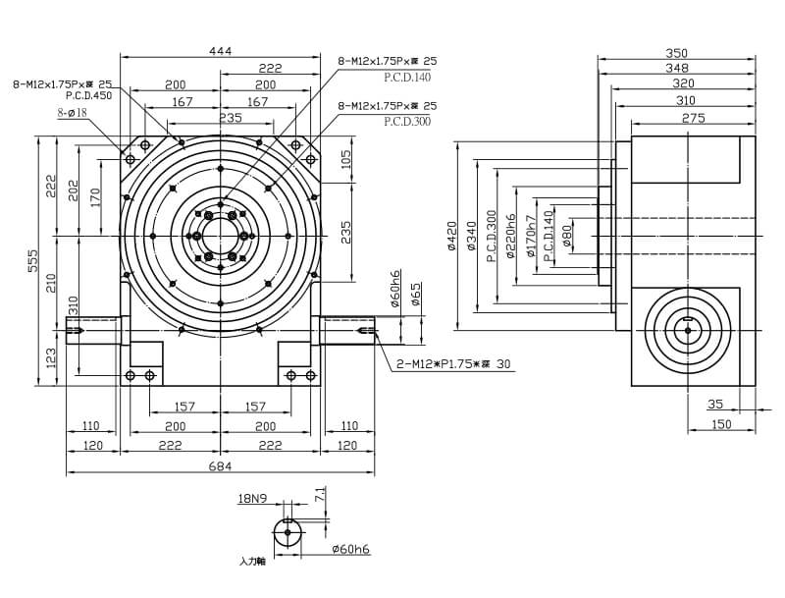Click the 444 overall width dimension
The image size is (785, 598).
coord(221,51)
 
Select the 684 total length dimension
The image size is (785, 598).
coord(221,466)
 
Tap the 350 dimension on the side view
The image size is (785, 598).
coord(676,53)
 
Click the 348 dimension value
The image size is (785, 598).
coord(676,68)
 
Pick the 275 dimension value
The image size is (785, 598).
coord(693,118)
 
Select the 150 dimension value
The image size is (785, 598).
coord(721,423)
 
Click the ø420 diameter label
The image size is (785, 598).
coord(452,236)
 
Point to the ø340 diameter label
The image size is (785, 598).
coord(472,236)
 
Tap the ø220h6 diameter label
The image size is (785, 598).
coord(511,236)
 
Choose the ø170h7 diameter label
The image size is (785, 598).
coord(531,236)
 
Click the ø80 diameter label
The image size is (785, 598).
coord(567,236)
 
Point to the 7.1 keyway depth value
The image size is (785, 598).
coord(319,495)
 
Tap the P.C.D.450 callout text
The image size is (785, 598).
coord(88,96)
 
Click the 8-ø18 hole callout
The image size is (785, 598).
coord(72,113)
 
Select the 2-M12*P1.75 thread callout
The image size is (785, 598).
coord(451,363)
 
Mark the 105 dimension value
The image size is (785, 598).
coord(345,160)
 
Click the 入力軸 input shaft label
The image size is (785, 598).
coord(252,561)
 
